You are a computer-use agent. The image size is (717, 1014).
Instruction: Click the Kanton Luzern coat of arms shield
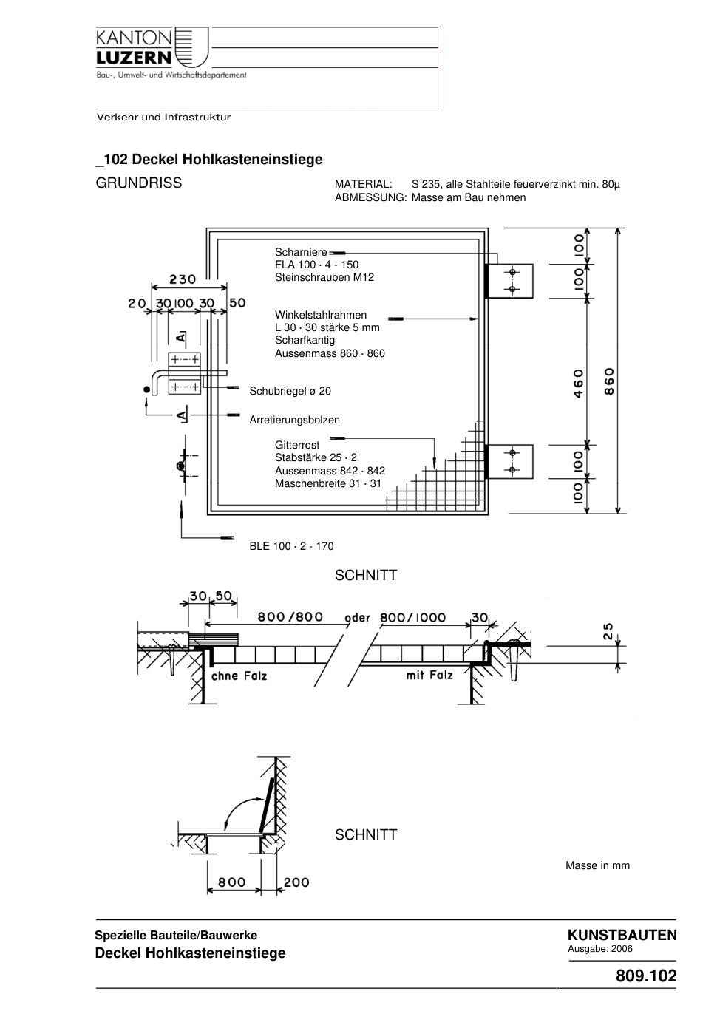191,47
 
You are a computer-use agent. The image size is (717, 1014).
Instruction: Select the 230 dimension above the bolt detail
183,279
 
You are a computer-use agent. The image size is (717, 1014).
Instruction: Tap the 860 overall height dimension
609,381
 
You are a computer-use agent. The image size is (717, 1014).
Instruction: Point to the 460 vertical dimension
578,384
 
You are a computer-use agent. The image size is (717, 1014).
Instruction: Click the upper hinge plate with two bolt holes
509,281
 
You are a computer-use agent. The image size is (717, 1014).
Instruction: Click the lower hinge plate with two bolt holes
509,462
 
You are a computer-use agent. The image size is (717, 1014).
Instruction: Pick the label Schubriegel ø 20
290,391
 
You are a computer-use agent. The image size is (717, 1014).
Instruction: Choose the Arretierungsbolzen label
295,420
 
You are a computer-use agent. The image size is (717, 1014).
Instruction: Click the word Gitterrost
297,445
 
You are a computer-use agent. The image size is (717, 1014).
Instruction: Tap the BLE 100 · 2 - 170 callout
291,546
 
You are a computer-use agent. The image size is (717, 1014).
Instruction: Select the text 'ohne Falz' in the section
239,676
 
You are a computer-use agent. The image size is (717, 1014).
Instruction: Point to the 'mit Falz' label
429,676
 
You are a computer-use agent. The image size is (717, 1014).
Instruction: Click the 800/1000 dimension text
412,617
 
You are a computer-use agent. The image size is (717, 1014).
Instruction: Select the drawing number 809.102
646,976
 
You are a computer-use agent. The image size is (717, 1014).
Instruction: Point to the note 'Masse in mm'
597,865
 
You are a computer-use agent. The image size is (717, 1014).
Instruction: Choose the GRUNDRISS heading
139,183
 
